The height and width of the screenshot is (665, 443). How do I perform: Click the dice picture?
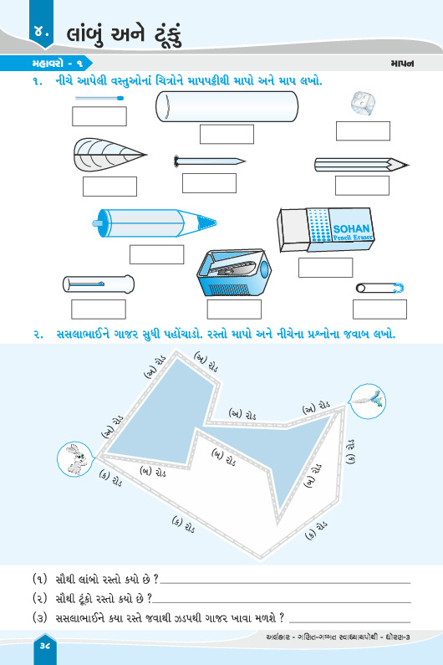pos(363,104)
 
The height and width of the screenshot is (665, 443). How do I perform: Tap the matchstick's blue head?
pos(120,99)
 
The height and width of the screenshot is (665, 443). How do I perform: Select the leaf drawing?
pos(109,155)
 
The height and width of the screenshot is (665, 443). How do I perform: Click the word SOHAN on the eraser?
pos(351,228)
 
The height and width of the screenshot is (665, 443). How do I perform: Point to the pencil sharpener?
pos(233,273)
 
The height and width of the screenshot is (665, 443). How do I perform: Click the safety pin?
pos(379,289)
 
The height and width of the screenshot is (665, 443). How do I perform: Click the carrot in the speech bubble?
pos(368,400)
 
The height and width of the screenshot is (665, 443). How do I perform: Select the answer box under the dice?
pos(363,131)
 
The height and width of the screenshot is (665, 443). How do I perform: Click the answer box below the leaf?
pos(109,187)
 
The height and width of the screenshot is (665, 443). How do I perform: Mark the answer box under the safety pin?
pos(379,309)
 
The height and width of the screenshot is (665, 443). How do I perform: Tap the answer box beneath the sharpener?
pos(234,309)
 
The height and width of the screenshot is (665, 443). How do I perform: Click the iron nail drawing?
pos(210,161)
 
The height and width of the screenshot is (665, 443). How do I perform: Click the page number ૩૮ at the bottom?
pos(45,646)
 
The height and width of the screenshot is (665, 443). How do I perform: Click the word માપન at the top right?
pos(402,64)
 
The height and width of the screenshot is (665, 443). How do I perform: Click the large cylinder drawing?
pos(227,106)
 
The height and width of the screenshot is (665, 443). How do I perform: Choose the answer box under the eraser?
pos(326,268)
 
